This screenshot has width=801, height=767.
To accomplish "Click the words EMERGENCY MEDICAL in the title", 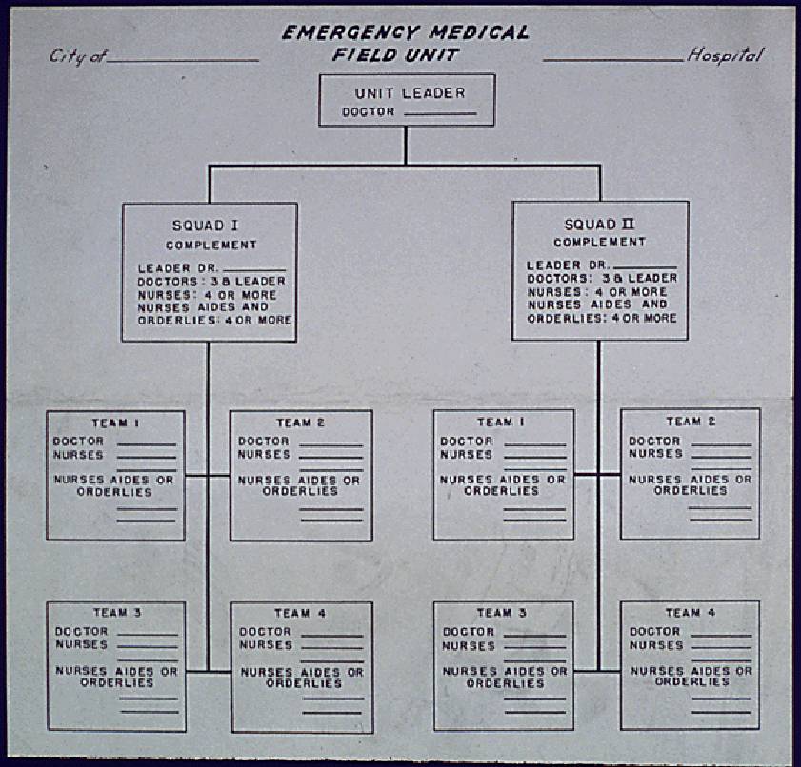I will pyautogui.click(x=405, y=33).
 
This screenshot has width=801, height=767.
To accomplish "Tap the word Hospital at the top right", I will pyautogui.click(x=724, y=55).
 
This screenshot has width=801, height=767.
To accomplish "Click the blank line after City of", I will pyautogui.click(x=184, y=60).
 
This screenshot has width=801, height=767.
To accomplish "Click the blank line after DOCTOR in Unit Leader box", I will pyautogui.click(x=440, y=114).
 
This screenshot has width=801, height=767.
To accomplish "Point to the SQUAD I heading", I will pyautogui.click(x=204, y=226).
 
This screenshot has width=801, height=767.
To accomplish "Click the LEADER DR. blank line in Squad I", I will pyautogui.click(x=253, y=269).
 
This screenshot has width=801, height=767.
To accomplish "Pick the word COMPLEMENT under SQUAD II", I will pyautogui.click(x=599, y=242).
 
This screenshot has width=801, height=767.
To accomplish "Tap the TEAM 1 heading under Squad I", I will pyautogui.click(x=115, y=422).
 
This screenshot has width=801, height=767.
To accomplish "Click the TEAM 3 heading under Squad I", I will pyautogui.click(x=117, y=612).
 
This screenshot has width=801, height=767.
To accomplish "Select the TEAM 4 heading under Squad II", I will pyautogui.click(x=691, y=612).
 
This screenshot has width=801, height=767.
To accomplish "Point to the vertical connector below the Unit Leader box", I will pyautogui.click(x=406, y=146).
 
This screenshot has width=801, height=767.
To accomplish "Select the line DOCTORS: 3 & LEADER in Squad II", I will pyautogui.click(x=602, y=277).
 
